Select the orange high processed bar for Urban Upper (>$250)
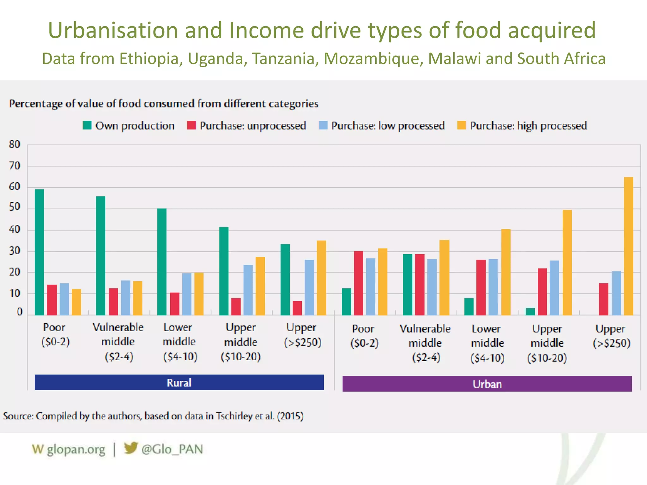coord(628,246)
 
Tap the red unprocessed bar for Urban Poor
coord(359,283)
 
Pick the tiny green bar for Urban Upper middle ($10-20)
coord(530,312)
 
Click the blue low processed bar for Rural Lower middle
coord(187,294)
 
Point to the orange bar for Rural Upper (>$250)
coord(321,278)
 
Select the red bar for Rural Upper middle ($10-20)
coord(236,307)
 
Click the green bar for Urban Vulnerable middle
coord(408,284)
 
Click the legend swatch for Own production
coord(87,125)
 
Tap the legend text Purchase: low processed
coord(388,126)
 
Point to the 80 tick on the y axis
coord(15,145)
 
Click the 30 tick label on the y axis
coord(15,251)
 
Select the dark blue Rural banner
coord(179,382)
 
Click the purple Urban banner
coord(487,384)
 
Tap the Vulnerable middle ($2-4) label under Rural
coord(118,342)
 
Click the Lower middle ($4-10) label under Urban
coord(487,343)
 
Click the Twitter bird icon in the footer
coord(130,448)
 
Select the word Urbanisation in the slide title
coord(113,30)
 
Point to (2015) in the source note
coord(290,416)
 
